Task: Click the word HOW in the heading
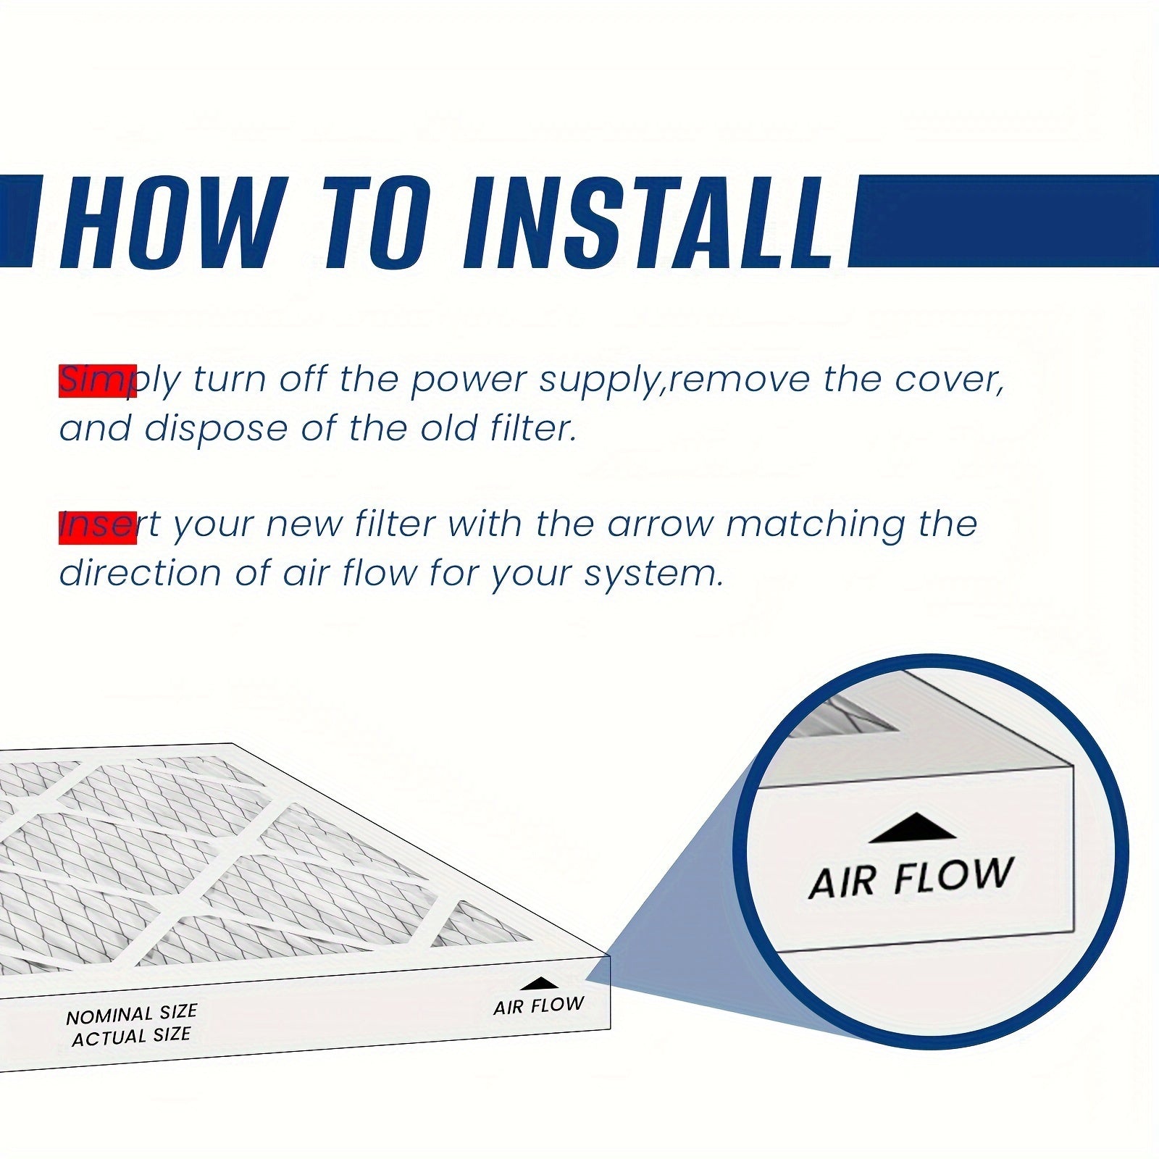170,222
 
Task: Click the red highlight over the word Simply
98,381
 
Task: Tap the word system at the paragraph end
652,574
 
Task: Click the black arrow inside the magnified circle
912,827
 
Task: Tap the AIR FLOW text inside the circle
911,878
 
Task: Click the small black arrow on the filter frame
540,983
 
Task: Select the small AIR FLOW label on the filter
539,1006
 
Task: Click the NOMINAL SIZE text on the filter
132,1014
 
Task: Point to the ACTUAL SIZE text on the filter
131,1037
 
